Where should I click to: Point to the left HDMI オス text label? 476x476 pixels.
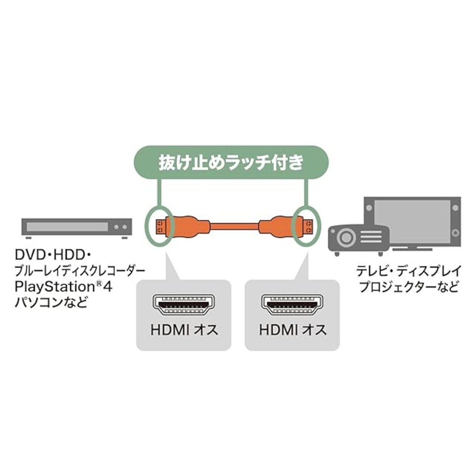pos(184,330)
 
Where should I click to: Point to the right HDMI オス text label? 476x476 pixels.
pos(293,330)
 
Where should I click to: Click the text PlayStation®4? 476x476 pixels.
pos(63,287)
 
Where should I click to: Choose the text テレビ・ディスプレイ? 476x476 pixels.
pos(409,271)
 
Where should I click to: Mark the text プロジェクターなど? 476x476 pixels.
pos(409,287)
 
